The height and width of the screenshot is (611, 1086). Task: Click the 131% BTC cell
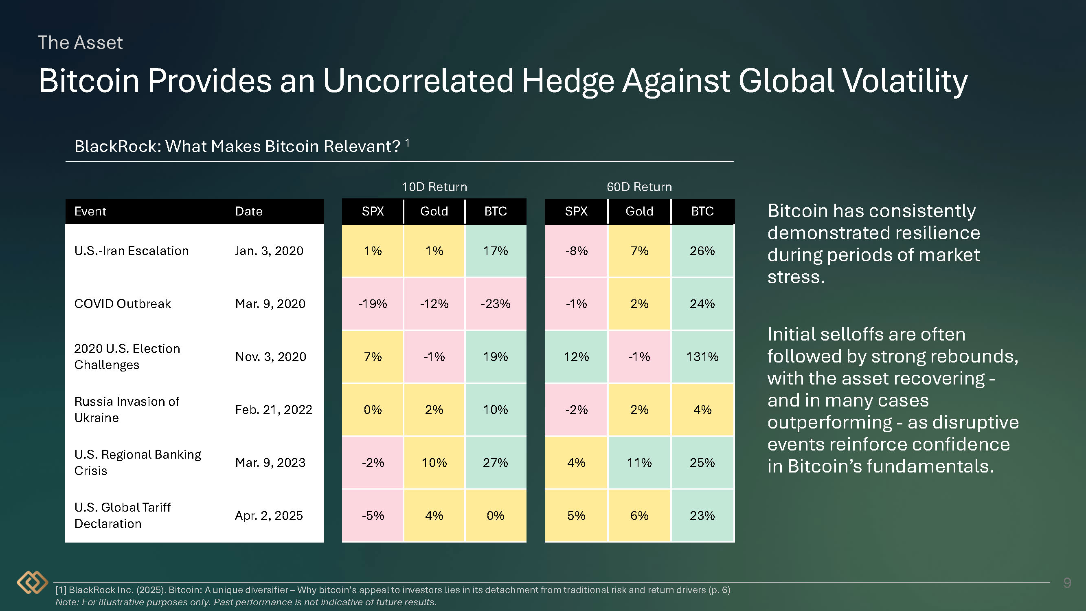702,357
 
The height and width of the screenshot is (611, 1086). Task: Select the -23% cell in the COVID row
496,303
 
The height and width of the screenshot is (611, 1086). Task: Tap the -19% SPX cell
373,303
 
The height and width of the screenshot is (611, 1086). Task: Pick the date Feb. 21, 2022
273,409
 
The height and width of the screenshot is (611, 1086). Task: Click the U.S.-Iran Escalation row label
131,251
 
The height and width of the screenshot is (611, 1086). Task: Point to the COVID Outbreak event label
122,303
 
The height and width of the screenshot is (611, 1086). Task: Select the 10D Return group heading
434,187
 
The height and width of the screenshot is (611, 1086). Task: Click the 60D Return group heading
639,187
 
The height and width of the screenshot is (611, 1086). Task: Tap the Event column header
90,211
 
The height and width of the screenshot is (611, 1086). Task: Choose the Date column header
249,211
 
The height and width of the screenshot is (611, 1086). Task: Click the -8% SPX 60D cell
576,251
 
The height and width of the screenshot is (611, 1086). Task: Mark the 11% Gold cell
639,463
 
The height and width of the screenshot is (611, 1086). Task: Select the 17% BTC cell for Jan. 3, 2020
496,251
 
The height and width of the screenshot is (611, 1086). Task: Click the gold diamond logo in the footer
33,582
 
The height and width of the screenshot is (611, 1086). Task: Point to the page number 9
1067,583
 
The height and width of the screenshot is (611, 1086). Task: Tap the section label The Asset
80,43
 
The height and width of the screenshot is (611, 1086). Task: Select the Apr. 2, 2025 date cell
269,515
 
